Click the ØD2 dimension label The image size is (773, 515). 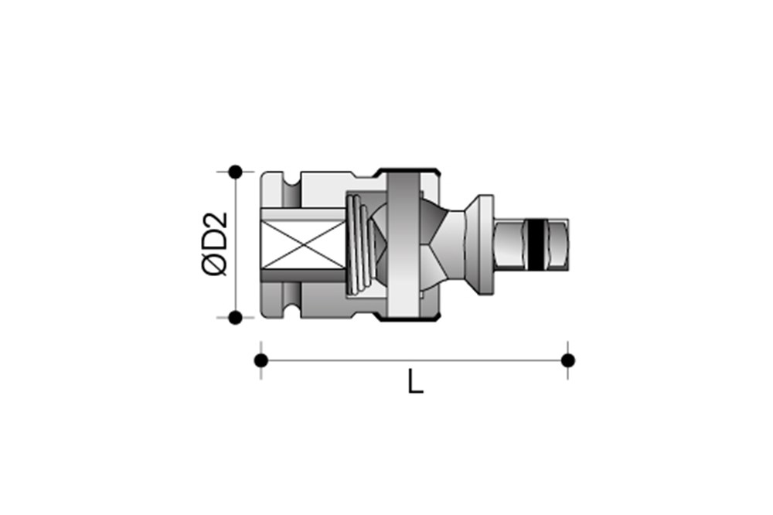pyautogui.click(x=215, y=244)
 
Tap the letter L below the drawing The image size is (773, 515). pyautogui.click(x=416, y=382)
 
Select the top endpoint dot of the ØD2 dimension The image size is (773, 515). pyautogui.click(x=236, y=172)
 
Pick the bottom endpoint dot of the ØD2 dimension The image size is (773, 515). pyautogui.click(x=236, y=318)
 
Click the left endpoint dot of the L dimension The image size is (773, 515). pyautogui.click(x=261, y=360)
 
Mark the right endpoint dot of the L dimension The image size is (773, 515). pyautogui.click(x=568, y=360)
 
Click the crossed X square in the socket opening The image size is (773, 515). pyautogui.click(x=304, y=244)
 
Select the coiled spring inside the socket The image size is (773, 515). pyautogui.click(x=358, y=244)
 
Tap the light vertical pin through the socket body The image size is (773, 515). pyautogui.click(x=404, y=245)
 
